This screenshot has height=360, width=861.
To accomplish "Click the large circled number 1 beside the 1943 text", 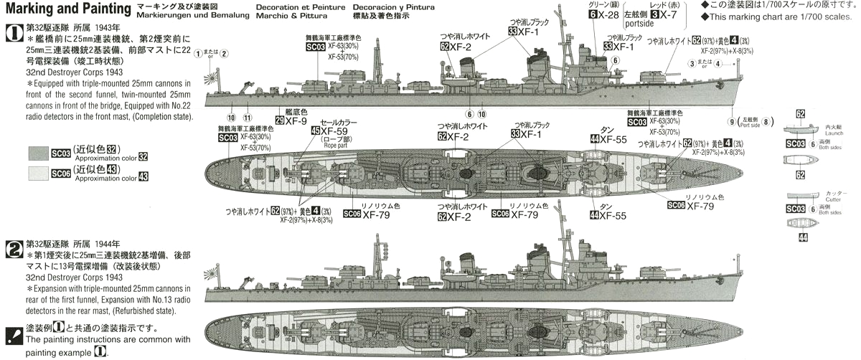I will click(14, 32).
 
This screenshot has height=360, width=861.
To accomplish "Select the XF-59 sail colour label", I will click(337, 131).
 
